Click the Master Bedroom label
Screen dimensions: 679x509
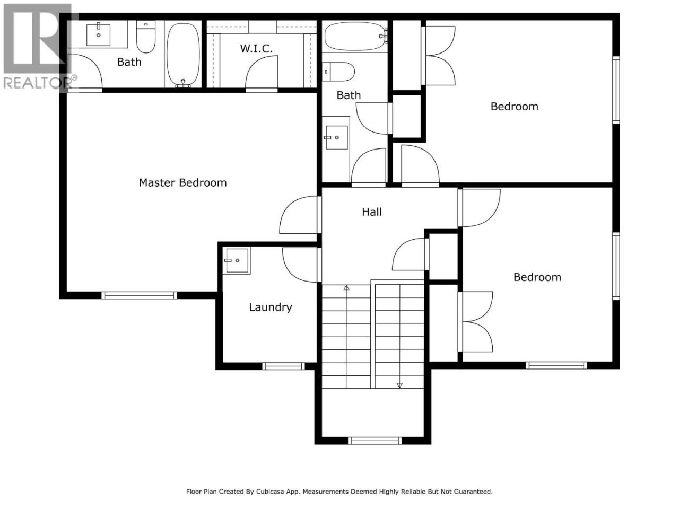pyautogui.click(x=182, y=182)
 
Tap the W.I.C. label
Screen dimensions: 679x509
pyautogui.click(x=256, y=49)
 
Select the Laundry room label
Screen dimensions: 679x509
pyautogui.click(x=271, y=307)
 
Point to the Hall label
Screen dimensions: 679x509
pyautogui.click(x=371, y=212)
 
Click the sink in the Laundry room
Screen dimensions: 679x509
pyautogui.click(x=237, y=260)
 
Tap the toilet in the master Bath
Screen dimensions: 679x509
pyautogui.click(x=146, y=37)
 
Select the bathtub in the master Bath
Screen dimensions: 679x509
pyautogui.click(x=183, y=55)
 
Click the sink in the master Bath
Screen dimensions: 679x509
pyautogui.click(x=98, y=34)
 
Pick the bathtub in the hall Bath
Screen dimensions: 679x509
pyautogui.click(x=355, y=36)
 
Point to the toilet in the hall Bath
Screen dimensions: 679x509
pyautogui.click(x=338, y=72)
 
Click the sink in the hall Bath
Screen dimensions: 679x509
pyautogui.click(x=336, y=137)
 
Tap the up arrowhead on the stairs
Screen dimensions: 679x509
pyautogui.click(x=346, y=288)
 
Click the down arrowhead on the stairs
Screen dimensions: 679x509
pyautogui.click(x=399, y=385)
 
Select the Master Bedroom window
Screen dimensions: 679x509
pyautogui.click(x=139, y=295)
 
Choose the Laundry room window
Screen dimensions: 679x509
pyautogui.click(x=283, y=366)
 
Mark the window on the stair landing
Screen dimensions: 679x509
pyautogui.click(x=375, y=441)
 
